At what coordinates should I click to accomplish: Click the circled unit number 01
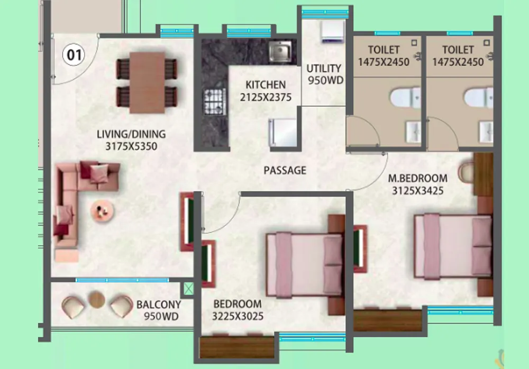pyautogui.click(x=74, y=54)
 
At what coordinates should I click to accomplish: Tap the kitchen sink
pyautogui.click(x=280, y=52)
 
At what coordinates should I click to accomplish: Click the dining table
pyautogui.click(x=148, y=82)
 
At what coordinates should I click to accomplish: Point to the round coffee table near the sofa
pyautogui.click(x=102, y=211)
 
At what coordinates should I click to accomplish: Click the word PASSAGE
pyautogui.click(x=285, y=170)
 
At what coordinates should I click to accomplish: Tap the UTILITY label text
pyautogui.click(x=324, y=68)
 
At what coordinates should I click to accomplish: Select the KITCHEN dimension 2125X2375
pyautogui.click(x=266, y=97)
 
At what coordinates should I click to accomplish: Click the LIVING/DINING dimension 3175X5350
pyautogui.click(x=131, y=146)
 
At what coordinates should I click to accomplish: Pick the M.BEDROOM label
pyautogui.click(x=418, y=178)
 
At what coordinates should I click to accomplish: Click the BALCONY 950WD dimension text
pyautogui.click(x=161, y=316)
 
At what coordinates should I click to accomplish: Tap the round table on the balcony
pyautogui.click(x=96, y=299)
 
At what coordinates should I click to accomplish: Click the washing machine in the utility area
pyautogui.click(x=333, y=31)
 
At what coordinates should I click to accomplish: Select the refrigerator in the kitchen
pyautogui.click(x=283, y=132)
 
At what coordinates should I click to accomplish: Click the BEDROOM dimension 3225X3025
pyautogui.click(x=238, y=316)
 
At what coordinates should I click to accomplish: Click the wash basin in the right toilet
pyautogui.click(x=486, y=132)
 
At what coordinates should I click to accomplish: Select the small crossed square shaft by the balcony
pyautogui.click(x=189, y=289)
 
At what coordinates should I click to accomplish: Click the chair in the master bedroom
pyautogui.click(x=466, y=173)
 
